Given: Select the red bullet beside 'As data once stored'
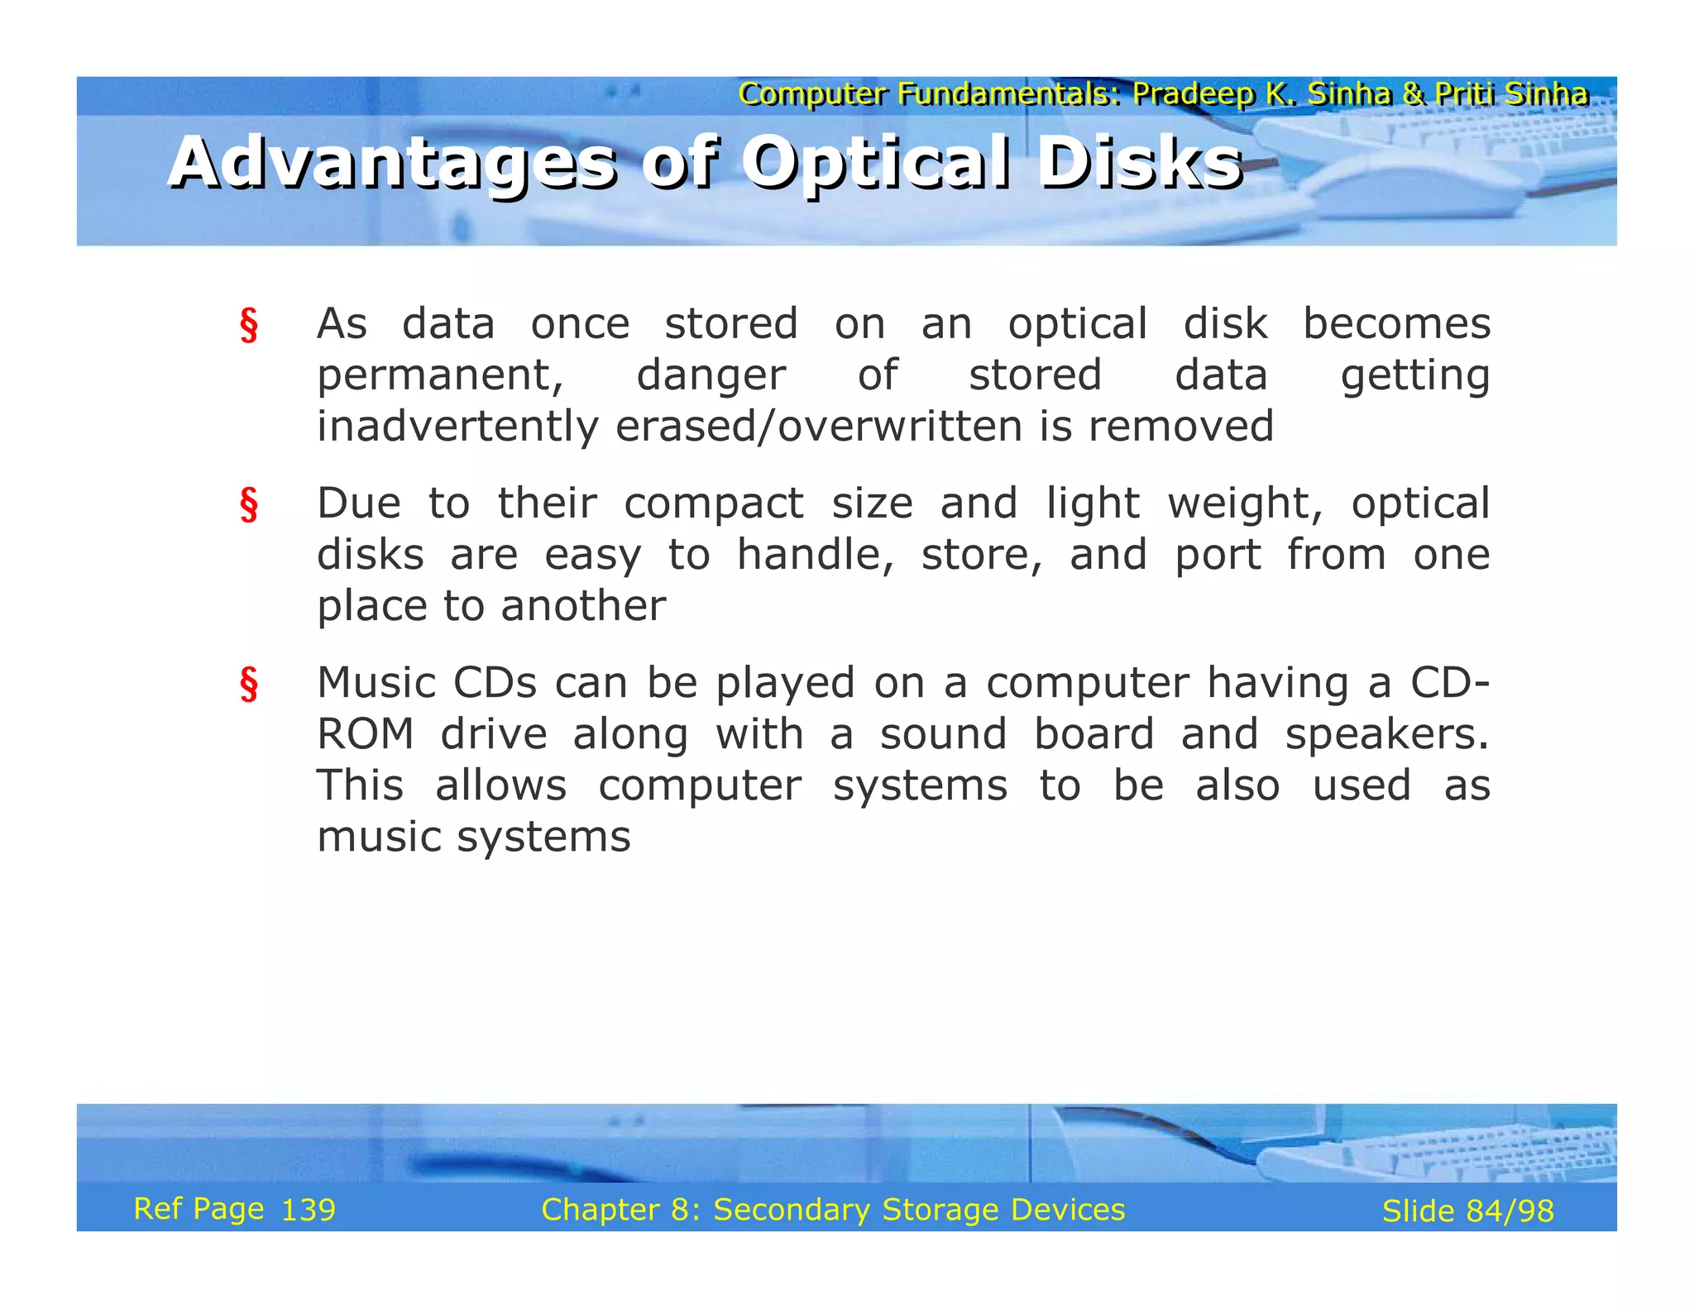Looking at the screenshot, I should pyautogui.click(x=249, y=326).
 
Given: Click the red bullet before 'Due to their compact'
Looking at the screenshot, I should pyautogui.click(x=249, y=505).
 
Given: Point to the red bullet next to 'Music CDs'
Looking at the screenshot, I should pyautogui.click(x=249, y=685).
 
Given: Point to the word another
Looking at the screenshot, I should pyautogui.click(x=583, y=606).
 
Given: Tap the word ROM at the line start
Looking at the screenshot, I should pyautogui.click(x=366, y=734).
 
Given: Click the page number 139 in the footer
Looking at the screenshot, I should pyautogui.click(x=309, y=1210).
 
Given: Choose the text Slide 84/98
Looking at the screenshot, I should pyautogui.click(x=1467, y=1211).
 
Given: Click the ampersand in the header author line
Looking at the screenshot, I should pyautogui.click(x=1413, y=94).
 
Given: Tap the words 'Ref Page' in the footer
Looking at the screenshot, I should pyautogui.click(x=199, y=1210).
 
